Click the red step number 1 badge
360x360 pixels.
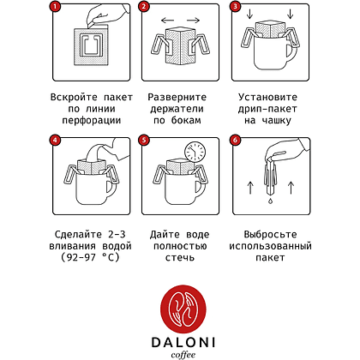pos(55,7)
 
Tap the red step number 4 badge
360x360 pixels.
pos(55,141)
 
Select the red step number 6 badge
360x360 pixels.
pos(235,141)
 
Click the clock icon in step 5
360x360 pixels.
pos(195,152)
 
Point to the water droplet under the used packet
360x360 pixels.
pos(270,201)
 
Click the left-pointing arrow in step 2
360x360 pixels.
pos(167,21)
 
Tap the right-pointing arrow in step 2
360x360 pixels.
pos(193,21)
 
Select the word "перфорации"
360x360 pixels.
pos(92,120)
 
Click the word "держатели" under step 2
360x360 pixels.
pos(177,109)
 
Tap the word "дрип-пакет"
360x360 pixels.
pos(267,109)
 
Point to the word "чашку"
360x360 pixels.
pos(276,120)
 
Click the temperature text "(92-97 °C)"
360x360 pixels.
pos(90,257)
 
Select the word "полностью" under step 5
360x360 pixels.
pos(180,246)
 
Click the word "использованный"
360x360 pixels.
pos(270,246)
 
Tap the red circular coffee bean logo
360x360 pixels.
pos(183,311)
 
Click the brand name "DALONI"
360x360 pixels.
pos(183,342)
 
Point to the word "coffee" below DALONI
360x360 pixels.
pos(183,355)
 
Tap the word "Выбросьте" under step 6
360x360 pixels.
pos(270,235)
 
